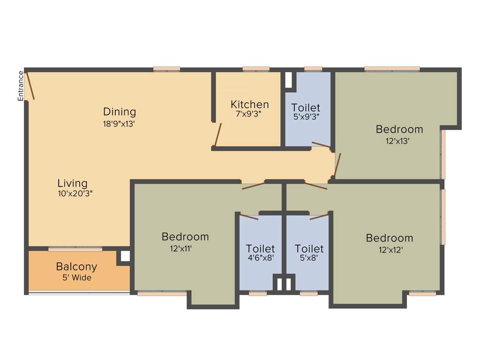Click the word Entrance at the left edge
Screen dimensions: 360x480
(21, 86)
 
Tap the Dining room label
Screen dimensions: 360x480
(120, 112)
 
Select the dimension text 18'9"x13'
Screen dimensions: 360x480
(120, 124)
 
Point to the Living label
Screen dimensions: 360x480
(73, 183)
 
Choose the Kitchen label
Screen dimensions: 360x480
(250, 105)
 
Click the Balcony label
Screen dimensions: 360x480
(76, 267)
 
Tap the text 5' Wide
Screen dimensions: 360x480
(76, 277)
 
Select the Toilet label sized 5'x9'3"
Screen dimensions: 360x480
(306, 108)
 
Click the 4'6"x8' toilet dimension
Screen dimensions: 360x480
(261, 258)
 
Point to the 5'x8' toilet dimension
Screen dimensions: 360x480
(309, 258)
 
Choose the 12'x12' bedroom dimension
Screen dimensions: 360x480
(390, 250)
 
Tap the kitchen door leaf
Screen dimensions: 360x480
(217, 135)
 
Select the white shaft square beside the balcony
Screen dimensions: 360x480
(125, 256)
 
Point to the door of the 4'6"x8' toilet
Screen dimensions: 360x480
(248, 217)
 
